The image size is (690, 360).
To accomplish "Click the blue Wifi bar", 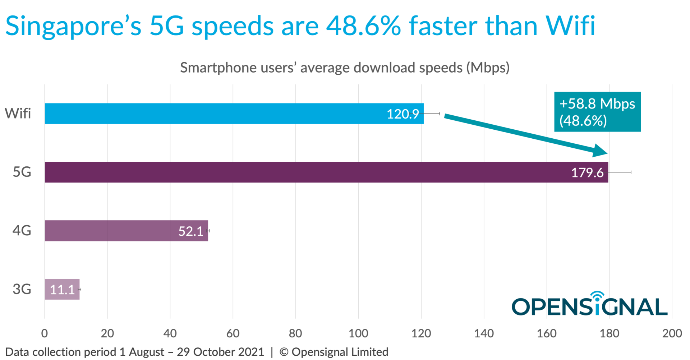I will pyautogui.click(x=216, y=114).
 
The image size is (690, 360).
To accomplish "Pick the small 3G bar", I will pyautogui.click(x=62, y=289).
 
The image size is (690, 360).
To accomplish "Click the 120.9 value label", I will pyautogui.click(x=402, y=114).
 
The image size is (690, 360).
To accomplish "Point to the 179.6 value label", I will pyautogui.click(x=587, y=173).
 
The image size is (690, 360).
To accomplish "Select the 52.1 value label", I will pyautogui.click(x=190, y=231).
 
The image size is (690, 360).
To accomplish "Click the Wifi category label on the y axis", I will pyautogui.click(x=18, y=114).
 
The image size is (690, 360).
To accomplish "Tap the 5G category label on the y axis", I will pyautogui.click(x=22, y=172).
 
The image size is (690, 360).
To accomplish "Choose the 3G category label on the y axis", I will pyautogui.click(x=22, y=289).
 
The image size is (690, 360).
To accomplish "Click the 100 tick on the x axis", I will pyautogui.click(x=358, y=333).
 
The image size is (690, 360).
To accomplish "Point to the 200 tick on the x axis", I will pyautogui.click(x=672, y=333).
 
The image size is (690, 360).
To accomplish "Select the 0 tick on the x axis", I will pyautogui.click(x=45, y=333).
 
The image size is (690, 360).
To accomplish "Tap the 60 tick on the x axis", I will pyautogui.click(x=233, y=333).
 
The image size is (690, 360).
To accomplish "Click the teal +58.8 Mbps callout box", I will pyautogui.click(x=597, y=112).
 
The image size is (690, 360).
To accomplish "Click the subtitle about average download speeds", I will pyautogui.click(x=345, y=68).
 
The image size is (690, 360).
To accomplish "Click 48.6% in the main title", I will pyautogui.click(x=363, y=26).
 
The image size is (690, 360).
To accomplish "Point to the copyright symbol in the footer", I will pyautogui.click(x=284, y=352).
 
